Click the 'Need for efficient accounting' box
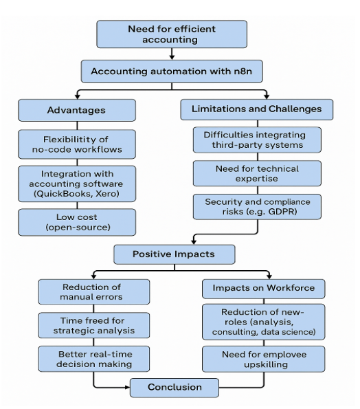pos(172,34)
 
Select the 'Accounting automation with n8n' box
pos(172,71)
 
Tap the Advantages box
pos(77,110)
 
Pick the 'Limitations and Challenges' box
pos(257,109)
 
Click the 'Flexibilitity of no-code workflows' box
pos(77,144)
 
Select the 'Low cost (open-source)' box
pos(77,222)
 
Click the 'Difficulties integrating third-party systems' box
pos(258,140)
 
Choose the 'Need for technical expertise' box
pos(258,173)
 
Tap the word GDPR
pos(282,211)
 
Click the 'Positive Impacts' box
pos(174,254)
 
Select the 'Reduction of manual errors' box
pos(94,292)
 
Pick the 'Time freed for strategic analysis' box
pos(94,325)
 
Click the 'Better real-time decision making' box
pos(94,359)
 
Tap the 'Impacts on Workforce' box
pos(264,289)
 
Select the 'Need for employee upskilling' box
pos(264,359)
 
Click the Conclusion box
pos(175,388)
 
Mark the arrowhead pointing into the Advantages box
pos(78,96)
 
